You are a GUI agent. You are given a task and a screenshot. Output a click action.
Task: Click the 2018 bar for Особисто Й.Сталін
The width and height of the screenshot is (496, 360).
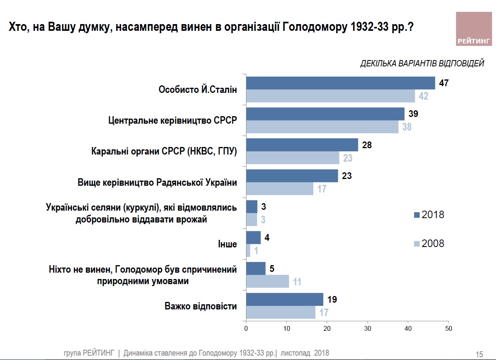(341, 83)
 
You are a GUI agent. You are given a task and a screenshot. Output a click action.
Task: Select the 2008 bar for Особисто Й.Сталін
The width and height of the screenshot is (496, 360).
(330, 96)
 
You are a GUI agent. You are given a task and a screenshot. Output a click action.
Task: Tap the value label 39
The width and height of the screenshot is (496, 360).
(413, 114)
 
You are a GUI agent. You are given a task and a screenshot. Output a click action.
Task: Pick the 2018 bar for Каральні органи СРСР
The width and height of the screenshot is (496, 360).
(302, 145)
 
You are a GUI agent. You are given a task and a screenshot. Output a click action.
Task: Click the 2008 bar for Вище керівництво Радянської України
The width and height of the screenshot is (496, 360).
(280, 188)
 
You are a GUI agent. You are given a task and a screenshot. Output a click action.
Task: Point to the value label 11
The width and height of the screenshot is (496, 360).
(297, 282)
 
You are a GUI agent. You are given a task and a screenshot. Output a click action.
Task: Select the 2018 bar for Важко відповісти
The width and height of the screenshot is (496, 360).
(285, 299)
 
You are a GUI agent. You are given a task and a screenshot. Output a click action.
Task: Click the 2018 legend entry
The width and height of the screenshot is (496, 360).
(429, 215)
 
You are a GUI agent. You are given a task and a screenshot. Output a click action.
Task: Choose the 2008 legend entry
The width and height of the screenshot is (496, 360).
(429, 243)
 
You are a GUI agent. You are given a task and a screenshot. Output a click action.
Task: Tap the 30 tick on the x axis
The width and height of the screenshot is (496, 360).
(367, 328)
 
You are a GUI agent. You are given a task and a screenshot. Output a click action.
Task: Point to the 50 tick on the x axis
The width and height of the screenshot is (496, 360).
(448, 328)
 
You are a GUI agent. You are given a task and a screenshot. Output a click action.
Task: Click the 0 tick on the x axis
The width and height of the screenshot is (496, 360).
(246, 328)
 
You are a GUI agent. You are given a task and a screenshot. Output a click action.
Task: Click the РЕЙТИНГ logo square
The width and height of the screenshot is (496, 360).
(473, 28)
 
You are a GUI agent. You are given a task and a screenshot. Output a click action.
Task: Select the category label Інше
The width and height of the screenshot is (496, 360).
(227, 244)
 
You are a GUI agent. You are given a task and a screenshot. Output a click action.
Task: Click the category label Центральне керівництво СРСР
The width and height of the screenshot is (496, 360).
(172, 121)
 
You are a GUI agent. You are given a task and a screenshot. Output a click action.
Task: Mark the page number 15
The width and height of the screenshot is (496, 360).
(479, 354)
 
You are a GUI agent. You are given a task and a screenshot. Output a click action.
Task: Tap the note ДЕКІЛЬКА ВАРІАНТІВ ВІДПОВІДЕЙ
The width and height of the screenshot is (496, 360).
(422, 64)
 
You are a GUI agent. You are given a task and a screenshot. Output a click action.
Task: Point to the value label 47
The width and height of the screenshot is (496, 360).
(444, 83)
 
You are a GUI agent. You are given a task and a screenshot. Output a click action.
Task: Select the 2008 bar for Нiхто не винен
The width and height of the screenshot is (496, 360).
(267, 281)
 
